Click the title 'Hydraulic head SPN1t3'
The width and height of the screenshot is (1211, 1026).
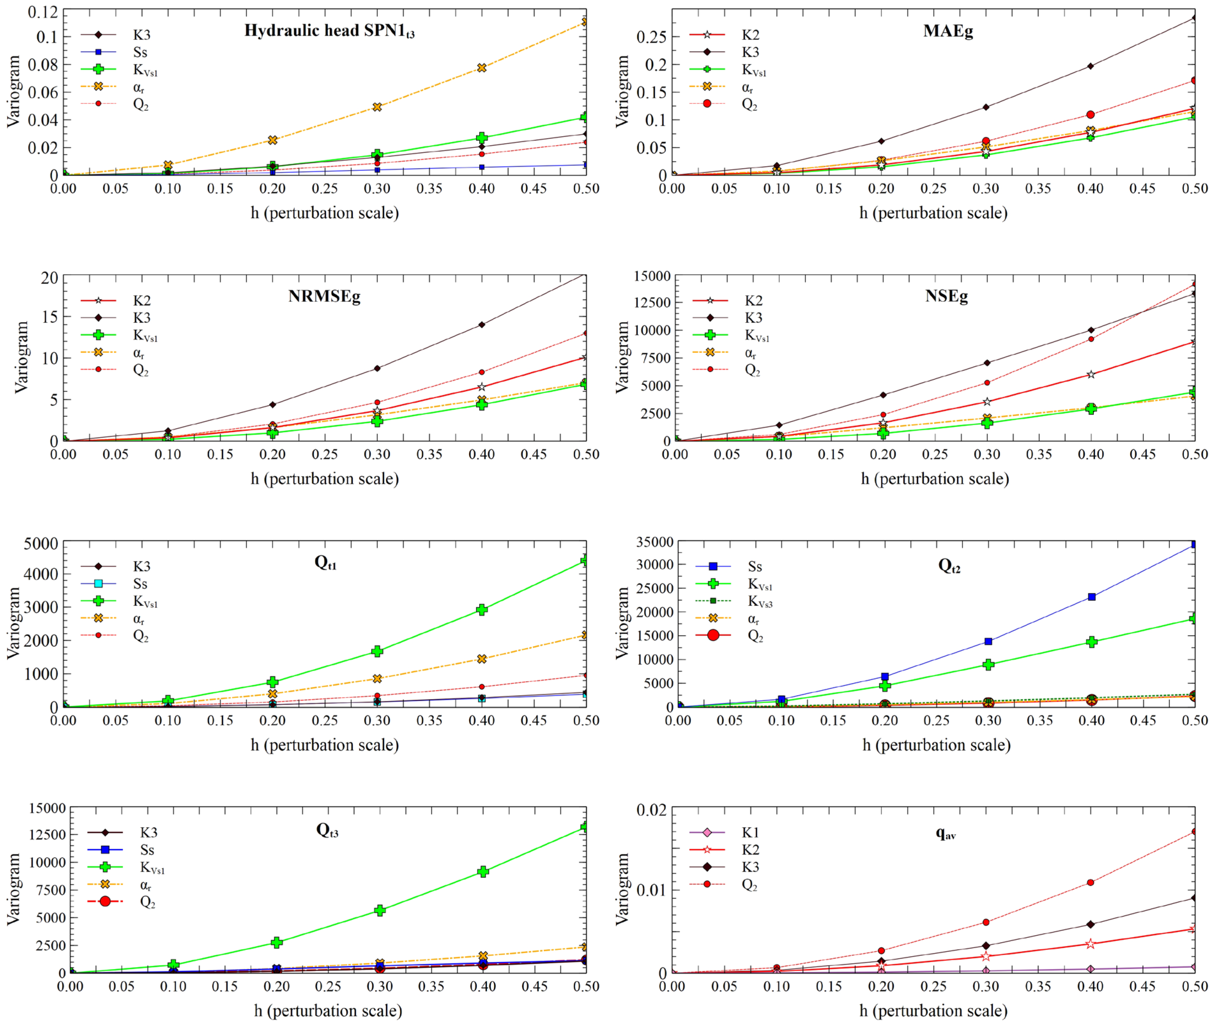pos(329,31)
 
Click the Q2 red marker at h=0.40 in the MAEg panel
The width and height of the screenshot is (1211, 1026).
pos(1090,115)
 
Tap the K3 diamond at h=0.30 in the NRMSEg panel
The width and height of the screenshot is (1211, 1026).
pos(377,368)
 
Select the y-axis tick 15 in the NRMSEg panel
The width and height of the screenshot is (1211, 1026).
pos(50,317)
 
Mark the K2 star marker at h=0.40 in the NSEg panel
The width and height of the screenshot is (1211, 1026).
pos(1091,375)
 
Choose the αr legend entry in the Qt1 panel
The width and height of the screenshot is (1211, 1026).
pos(138,618)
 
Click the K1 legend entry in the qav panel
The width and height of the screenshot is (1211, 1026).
pos(750,833)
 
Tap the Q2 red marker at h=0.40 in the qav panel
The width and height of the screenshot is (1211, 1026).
pos(1090,882)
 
